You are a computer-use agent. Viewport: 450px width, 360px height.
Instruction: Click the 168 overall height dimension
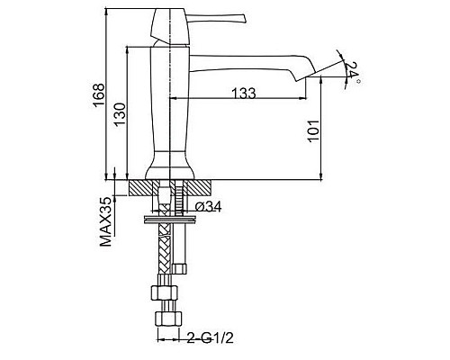click(x=99, y=94)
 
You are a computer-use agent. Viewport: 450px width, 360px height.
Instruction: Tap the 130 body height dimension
click(x=119, y=114)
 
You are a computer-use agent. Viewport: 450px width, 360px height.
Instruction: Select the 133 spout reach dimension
click(x=244, y=94)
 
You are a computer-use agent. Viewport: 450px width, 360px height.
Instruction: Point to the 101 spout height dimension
click(x=313, y=130)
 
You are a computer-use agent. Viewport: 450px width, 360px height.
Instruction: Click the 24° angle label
click(x=352, y=71)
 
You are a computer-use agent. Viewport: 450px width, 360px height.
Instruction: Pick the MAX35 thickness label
click(x=105, y=222)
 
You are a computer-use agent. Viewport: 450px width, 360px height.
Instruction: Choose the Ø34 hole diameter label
click(x=208, y=206)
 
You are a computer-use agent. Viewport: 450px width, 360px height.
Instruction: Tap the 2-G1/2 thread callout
click(x=211, y=338)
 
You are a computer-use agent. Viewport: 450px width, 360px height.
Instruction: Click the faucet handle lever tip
click(x=245, y=20)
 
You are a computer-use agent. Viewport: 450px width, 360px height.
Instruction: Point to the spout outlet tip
click(x=296, y=81)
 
